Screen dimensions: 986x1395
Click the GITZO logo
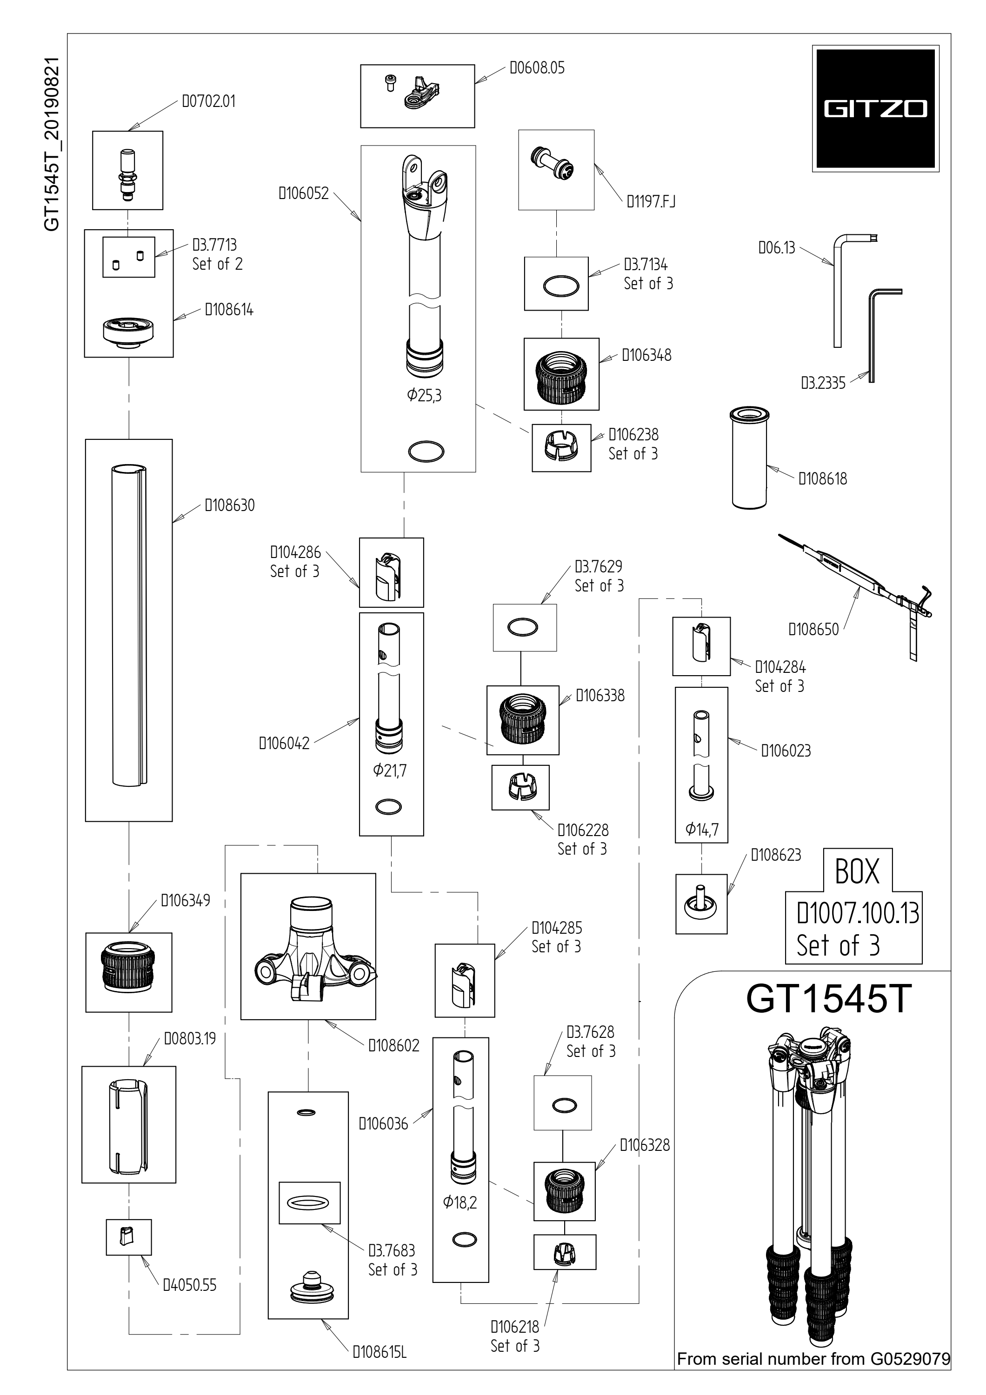[x=875, y=109]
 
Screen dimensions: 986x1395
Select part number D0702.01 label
[x=208, y=101]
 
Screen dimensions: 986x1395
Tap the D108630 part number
[x=230, y=505]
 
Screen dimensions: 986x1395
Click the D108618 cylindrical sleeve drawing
[x=749, y=458]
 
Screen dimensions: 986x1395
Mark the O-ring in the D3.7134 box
[x=561, y=286]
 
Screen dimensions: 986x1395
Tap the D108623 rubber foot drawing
[x=700, y=905]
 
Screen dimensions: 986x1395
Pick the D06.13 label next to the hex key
[x=777, y=248]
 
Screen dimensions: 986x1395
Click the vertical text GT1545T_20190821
[x=52, y=145]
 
